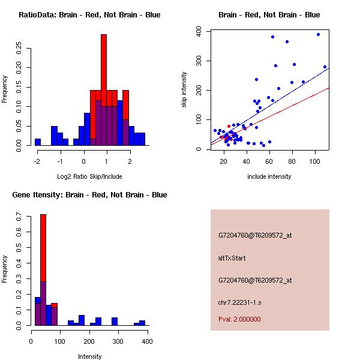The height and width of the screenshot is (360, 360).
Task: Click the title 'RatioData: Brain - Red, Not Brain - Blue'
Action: tap(89, 15)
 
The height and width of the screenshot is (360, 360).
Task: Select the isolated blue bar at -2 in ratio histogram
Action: tap(38, 142)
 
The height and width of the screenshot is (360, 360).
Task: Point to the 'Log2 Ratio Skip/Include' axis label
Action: tap(89, 176)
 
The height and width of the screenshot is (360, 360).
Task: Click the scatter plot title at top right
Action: tap(269, 15)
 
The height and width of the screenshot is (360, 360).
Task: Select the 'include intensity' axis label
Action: tap(269, 176)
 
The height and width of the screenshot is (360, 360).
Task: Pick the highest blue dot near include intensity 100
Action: tap(318, 35)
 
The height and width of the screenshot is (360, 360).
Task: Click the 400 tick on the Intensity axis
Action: tap(147, 341)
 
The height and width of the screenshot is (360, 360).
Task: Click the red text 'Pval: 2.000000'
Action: tap(239, 319)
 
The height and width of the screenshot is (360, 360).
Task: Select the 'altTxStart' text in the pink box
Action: tap(232, 258)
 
